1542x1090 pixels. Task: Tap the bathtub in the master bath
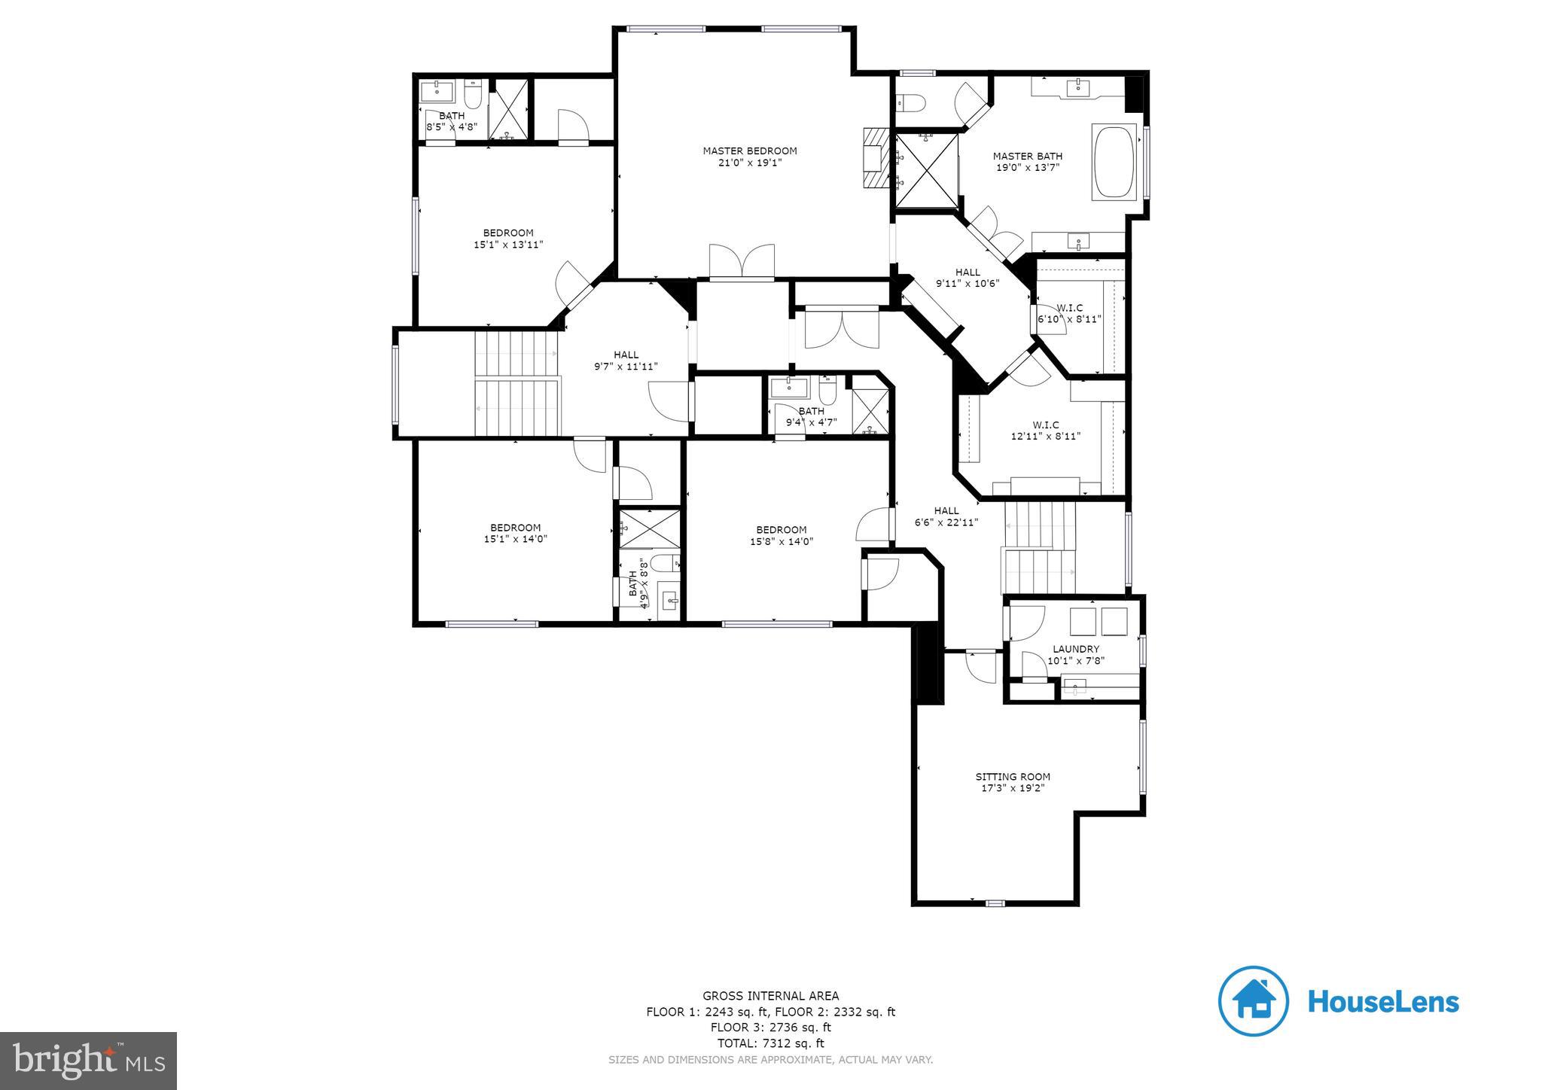click(1114, 162)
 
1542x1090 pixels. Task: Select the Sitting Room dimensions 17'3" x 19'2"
click(1012, 788)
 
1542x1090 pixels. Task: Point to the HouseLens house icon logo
click(1253, 1001)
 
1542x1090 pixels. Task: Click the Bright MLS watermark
click(88, 1060)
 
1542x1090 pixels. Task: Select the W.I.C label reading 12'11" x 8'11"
click(1045, 430)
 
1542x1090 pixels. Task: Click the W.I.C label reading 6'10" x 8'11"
click(1069, 313)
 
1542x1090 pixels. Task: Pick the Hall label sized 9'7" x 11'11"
click(625, 361)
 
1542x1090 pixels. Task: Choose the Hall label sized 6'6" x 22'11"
click(946, 516)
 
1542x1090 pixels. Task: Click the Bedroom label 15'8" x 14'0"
click(781, 535)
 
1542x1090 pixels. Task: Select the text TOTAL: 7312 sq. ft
click(770, 1043)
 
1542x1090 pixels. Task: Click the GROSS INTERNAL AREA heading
click(770, 996)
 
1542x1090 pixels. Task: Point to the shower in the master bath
click(925, 170)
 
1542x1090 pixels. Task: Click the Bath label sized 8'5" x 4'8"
click(452, 121)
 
